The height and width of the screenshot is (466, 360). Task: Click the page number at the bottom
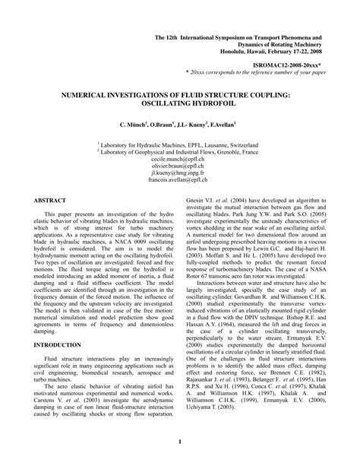pos(179,441)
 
